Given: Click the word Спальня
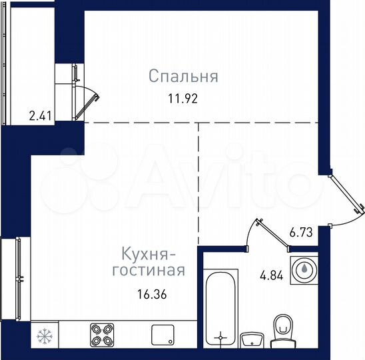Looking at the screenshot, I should [183, 77].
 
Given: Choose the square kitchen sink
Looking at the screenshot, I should [163, 333].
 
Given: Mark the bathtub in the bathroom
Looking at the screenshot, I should [220, 309].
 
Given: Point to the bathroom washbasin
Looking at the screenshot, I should [250, 339].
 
